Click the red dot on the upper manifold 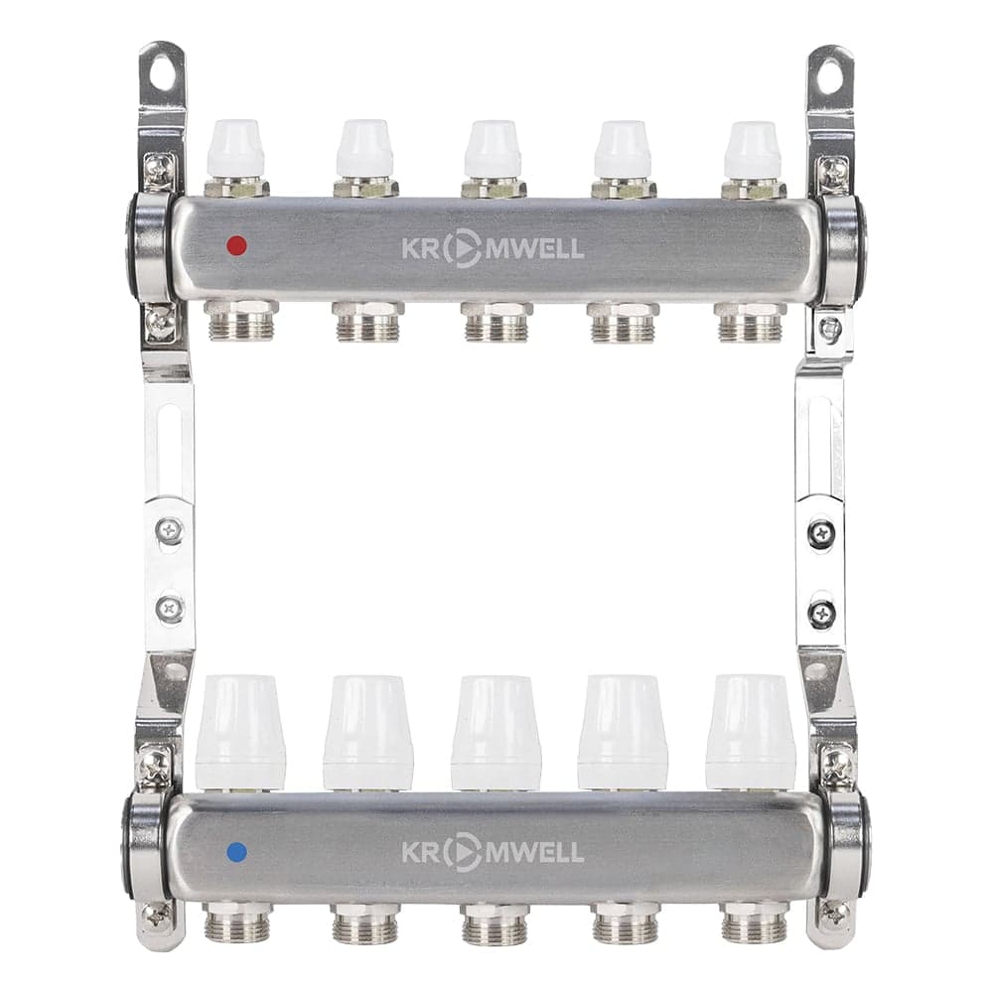(x=237, y=245)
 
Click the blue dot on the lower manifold (x=237, y=852)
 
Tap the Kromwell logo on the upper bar (x=493, y=248)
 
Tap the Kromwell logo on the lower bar (x=493, y=852)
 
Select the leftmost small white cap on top (x=235, y=148)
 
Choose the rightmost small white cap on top (x=753, y=150)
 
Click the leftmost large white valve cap (x=240, y=732)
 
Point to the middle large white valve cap (x=496, y=733)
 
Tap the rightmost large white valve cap (x=751, y=732)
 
